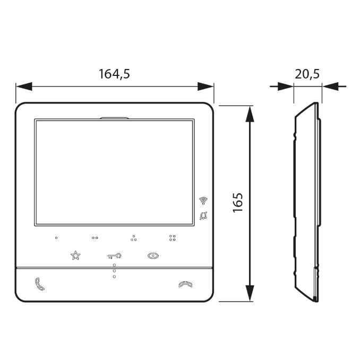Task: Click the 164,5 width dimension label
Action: click(x=114, y=74)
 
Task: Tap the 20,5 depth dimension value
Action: click(x=307, y=74)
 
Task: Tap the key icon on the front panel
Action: click(x=114, y=255)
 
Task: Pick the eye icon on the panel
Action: click(x=153, y=255)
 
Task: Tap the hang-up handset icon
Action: click(x=185, y=284)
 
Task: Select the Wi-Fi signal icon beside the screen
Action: click(x=203, y=200)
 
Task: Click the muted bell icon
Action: click(x=203, y=216)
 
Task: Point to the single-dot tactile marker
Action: click(x=56, y=238)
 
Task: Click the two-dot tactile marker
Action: click(x=95, y=238)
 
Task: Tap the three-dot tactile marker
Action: click(x=133, y=238)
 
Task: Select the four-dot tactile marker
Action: click(x=172, y=238)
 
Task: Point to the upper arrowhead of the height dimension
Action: click(x=248, y=113)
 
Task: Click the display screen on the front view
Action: click(x=114, y=172)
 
